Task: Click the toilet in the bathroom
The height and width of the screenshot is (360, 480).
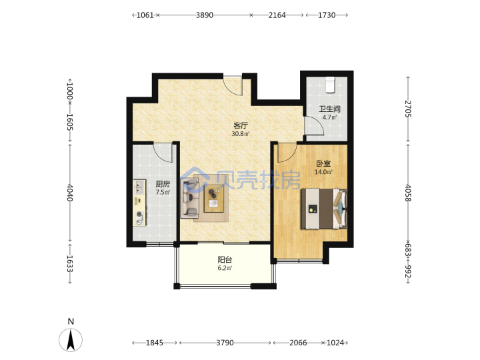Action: click(330, 85)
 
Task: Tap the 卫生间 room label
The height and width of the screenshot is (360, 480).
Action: click(330, 109)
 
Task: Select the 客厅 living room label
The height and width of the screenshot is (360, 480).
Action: click(241, 125)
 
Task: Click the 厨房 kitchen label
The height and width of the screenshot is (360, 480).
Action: click(163, 184)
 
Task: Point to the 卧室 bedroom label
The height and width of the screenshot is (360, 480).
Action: click(323, 164)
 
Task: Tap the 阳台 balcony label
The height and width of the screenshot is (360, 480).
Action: click(225, 260)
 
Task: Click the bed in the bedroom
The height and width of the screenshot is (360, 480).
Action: click(324, 209)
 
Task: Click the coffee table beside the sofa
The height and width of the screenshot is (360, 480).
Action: click(215, 199)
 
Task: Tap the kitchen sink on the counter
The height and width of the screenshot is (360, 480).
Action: click(139, 187)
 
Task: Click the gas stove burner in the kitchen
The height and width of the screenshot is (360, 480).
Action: click(139, 214)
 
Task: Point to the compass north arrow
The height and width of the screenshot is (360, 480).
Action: click(71, 340)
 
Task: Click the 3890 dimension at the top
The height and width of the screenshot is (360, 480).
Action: click(205, 15)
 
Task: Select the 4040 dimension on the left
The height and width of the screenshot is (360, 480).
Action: click(70, 193)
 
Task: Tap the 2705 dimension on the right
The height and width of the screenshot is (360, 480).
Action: click(408, 109)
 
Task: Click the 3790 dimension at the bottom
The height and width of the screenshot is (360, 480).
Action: click(225, 343)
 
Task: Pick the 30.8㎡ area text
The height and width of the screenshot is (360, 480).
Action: click(241, 134)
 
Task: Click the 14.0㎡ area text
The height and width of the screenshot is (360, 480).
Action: click(323, 172)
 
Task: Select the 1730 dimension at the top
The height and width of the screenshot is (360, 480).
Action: click(327, 15)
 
